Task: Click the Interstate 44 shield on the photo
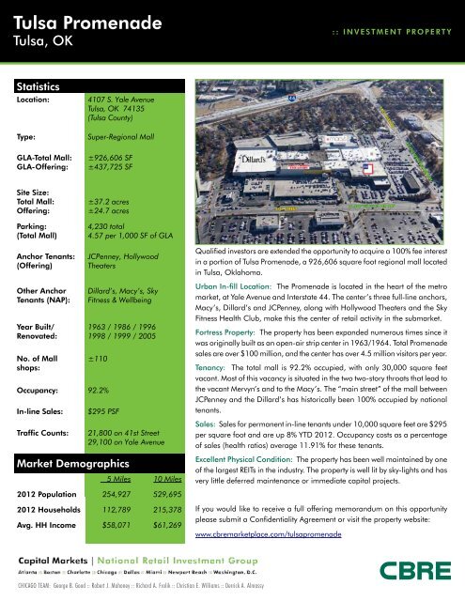tap(291, 94)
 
